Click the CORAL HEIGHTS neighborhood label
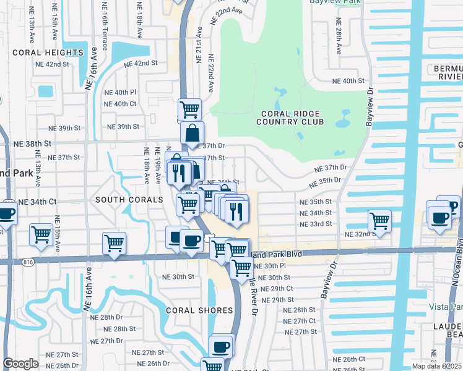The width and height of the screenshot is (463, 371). click(48, 53)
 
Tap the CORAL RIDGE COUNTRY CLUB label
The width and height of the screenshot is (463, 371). click(293, 117)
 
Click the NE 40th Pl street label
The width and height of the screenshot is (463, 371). click(120, 92)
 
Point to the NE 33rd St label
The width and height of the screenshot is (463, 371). click(316, 224)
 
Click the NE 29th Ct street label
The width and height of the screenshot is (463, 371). click(277, 289)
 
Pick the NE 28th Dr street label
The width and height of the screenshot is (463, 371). click(106, 317)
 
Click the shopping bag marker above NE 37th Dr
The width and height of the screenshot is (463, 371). click(193, 132)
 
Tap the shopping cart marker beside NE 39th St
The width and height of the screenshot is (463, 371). click(189, 109)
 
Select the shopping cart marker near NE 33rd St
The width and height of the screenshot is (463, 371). click(379, 220)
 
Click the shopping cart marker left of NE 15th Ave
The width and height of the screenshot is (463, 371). click(41, 235)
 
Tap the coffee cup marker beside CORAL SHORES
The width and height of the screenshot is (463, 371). click(221, 346)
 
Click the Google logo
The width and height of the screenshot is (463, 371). click(20, 364)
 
